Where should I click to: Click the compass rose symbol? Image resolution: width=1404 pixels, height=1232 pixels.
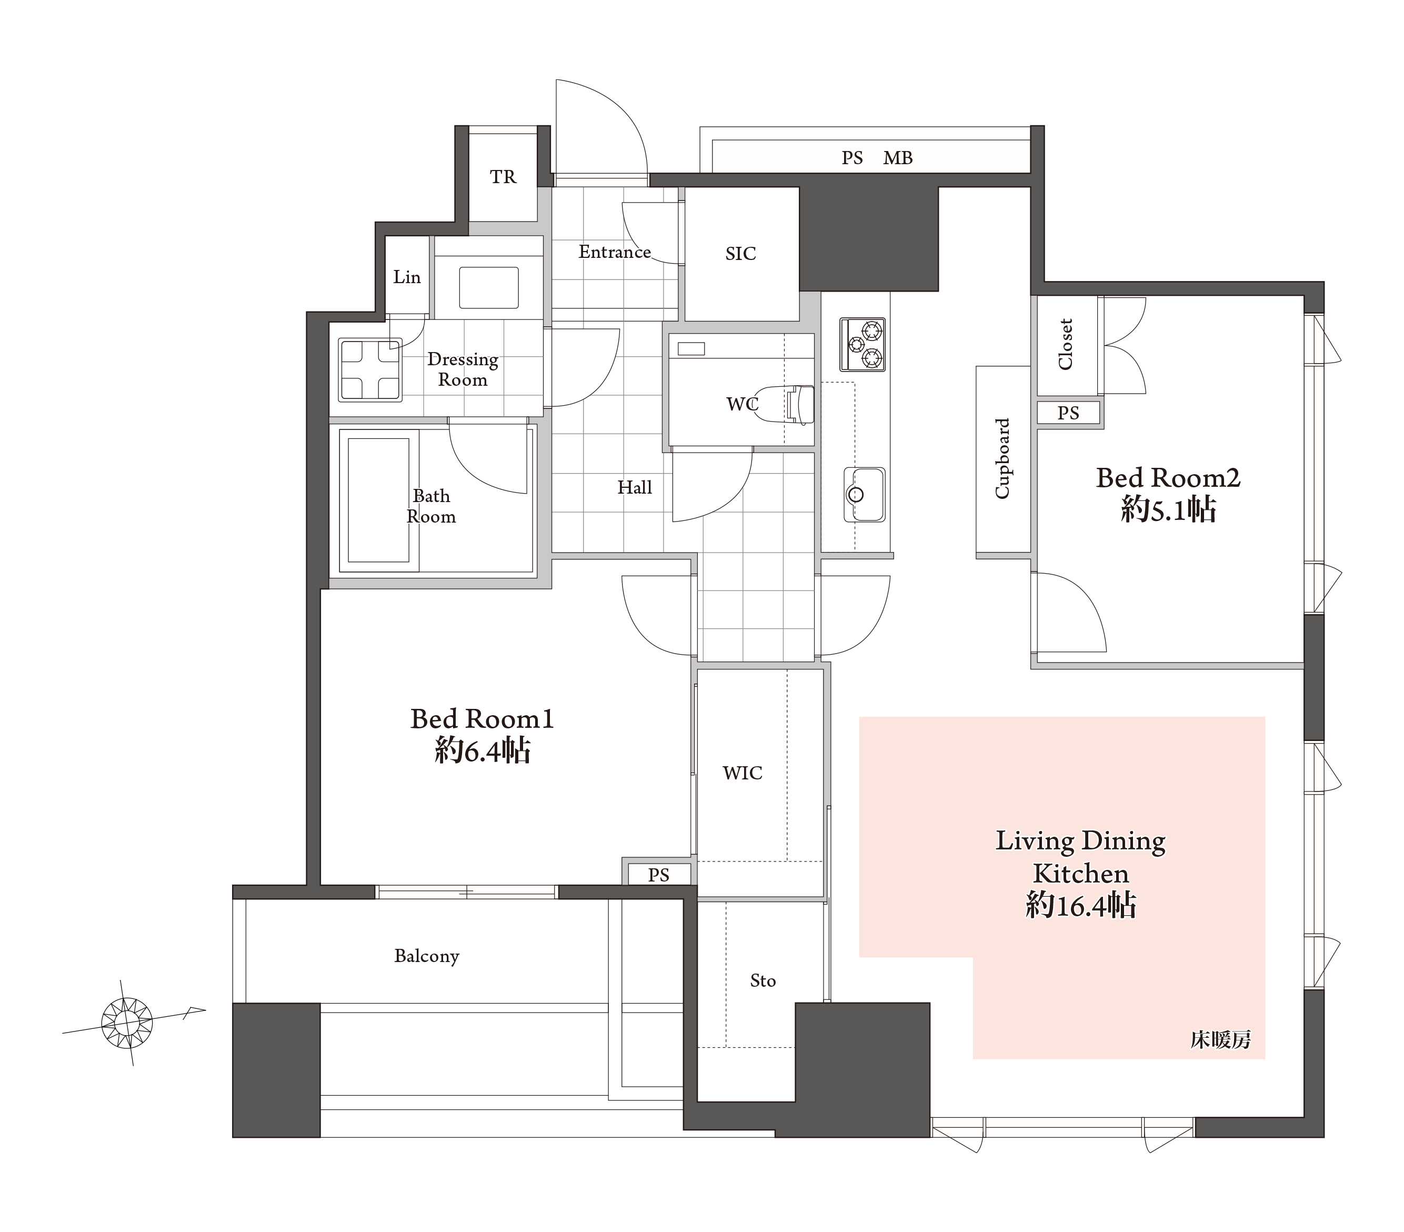tap(127, 1023)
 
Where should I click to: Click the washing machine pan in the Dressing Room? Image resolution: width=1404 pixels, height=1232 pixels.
tap(369, 369)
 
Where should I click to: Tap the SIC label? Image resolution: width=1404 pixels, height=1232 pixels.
tap(740, 254)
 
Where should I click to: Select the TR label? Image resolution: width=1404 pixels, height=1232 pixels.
tap(503, 177)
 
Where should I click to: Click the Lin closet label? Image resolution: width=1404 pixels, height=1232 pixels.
tap(407, 277)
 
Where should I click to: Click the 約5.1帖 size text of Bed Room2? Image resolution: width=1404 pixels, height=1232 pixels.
tap(1168, 510)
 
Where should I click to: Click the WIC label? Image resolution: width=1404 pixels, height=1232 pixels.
tap(743, 773)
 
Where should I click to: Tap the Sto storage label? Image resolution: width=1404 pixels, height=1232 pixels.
tap(763, 980)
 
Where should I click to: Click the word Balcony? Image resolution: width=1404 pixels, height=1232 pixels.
tap(427, 956)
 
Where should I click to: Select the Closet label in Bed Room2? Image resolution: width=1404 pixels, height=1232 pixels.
tap(1065, 344)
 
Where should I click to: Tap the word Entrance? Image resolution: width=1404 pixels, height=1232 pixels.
tap(615, 252)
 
